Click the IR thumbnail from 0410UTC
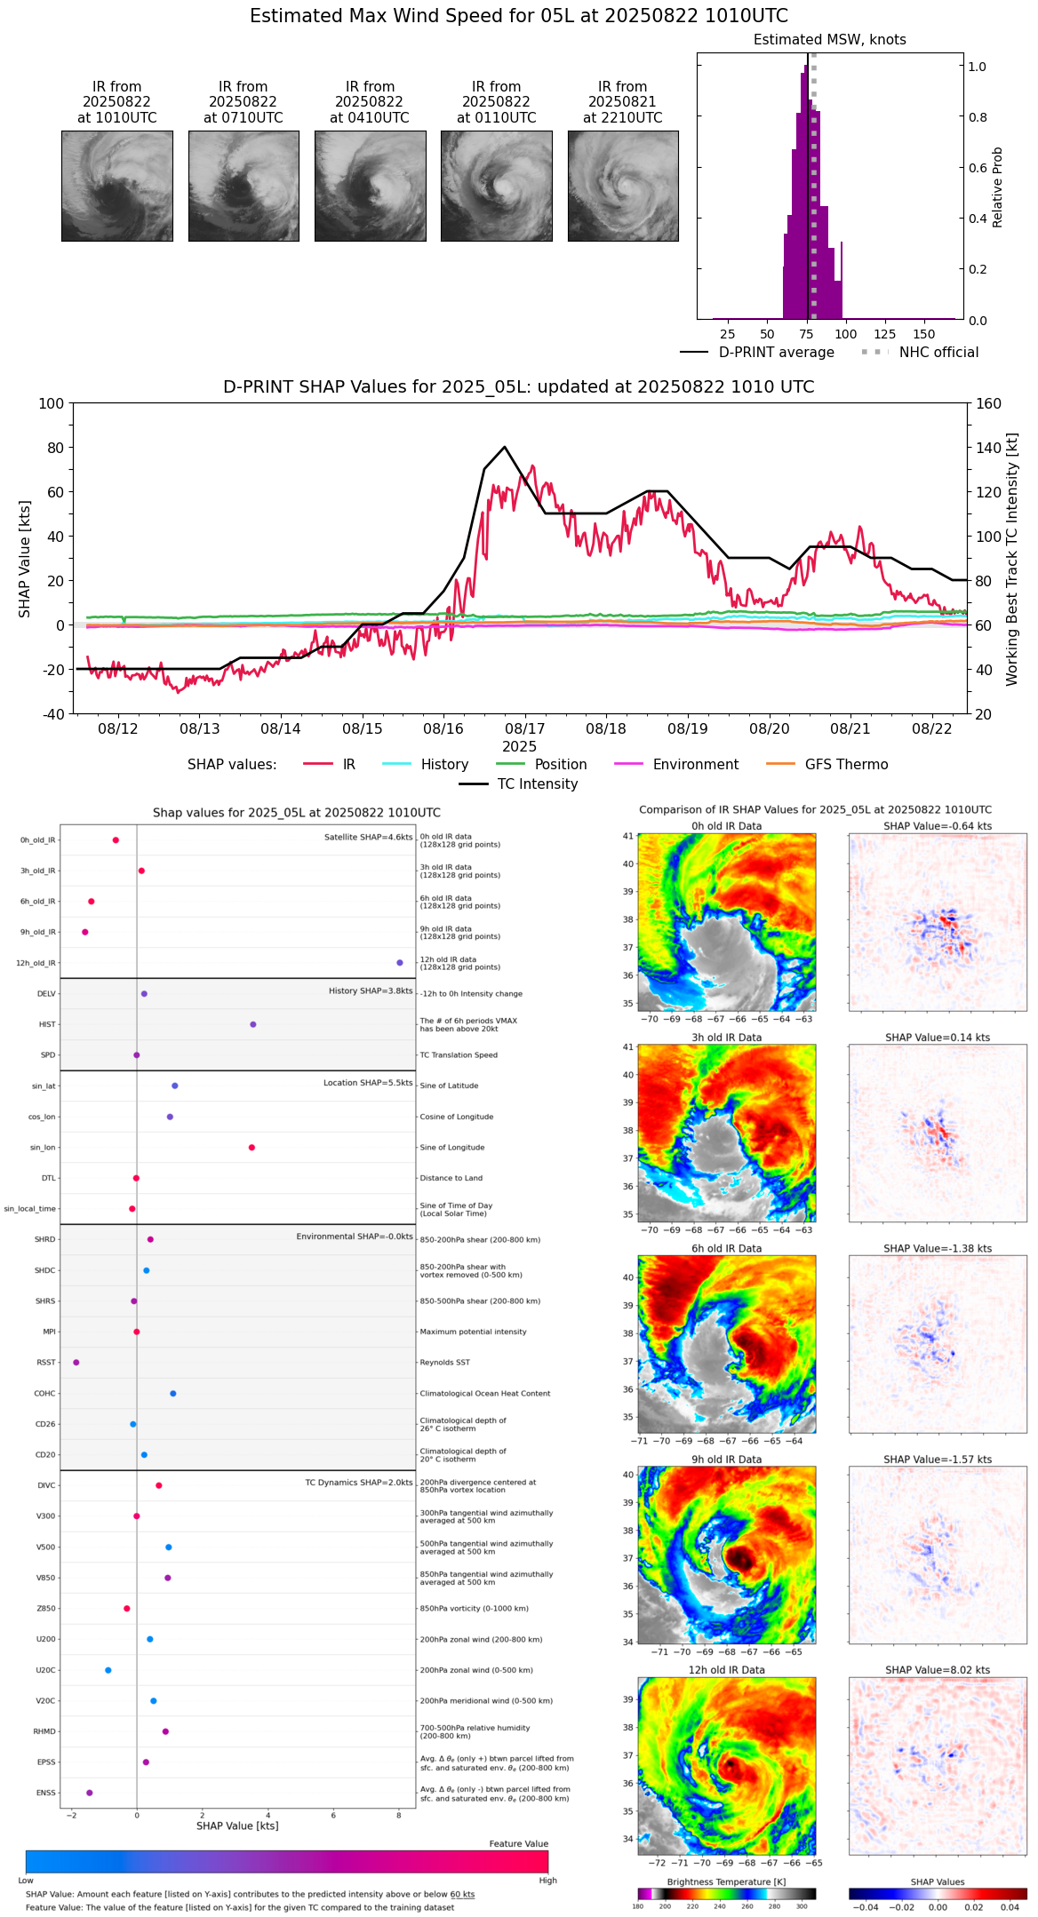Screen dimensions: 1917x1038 coord(370,186)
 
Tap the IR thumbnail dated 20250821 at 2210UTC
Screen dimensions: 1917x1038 coord(623,186)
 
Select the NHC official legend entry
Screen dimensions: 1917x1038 coord(938,353)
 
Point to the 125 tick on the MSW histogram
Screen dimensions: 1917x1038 coord(884,334)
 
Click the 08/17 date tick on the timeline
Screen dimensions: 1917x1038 coord(525,728)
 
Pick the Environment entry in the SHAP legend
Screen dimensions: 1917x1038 coord(695,765)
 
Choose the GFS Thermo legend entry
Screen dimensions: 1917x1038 coord(846,765)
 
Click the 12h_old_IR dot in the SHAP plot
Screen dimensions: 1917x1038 coord(400,963)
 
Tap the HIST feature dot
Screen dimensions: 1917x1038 coord(253,1024)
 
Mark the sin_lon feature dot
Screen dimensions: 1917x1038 coord(252,1148)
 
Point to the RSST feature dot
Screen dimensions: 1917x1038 coord(76,1363)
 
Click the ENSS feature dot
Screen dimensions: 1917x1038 coord(89,1793)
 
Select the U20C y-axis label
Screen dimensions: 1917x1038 coord(45,1670)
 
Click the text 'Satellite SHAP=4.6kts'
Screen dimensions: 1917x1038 coord(368,837)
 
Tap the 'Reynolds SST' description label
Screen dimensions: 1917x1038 coord(445,1363)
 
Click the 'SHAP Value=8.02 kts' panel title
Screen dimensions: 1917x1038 coord(937,1670)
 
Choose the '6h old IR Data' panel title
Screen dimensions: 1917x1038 coord(726,1248)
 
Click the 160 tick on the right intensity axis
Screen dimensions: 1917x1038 coord(989,403)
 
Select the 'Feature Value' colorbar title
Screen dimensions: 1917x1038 coord(518,1844)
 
